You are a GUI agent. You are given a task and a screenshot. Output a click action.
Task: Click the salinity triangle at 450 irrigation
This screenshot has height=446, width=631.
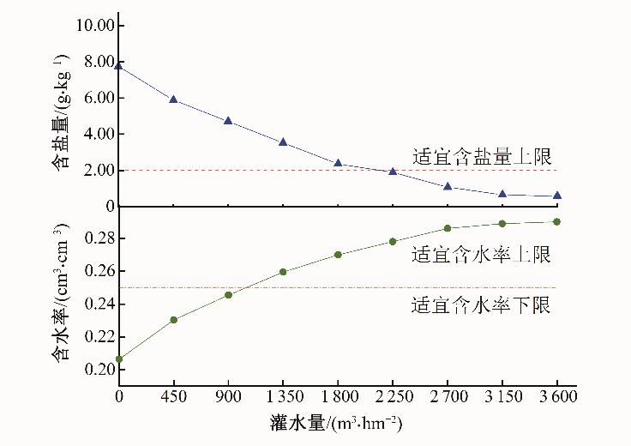coord(173,99)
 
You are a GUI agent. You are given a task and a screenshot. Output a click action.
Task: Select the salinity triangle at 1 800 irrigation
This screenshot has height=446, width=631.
coord(338,162)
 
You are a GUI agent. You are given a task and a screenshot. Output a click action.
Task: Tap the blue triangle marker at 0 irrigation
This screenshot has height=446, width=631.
coord(119,65)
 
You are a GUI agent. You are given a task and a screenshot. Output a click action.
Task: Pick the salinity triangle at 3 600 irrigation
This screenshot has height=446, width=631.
coord(557,196)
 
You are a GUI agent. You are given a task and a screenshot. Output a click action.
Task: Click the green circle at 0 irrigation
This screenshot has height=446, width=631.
coord(119,359)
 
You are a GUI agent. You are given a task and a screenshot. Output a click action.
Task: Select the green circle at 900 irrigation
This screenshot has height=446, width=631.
coord(228,295)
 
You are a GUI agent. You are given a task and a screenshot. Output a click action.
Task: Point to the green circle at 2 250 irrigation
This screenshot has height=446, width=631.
coord(393,241)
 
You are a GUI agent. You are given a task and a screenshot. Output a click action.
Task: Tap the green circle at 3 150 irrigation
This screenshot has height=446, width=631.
coord(502,224)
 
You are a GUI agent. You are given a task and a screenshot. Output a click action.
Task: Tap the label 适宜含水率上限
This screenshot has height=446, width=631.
coord(481,255)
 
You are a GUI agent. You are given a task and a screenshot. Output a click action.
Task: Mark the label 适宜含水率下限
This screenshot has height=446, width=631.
coord(481,304)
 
